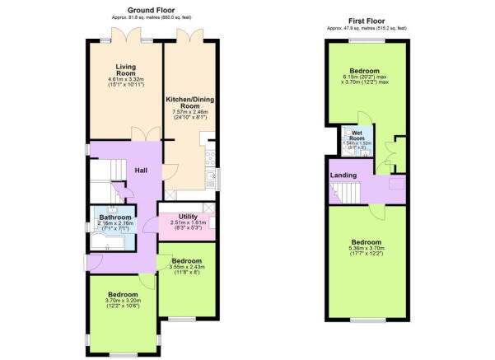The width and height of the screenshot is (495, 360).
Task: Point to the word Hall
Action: tap(142, 171)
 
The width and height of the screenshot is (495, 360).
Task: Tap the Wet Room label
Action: tap(357, 133)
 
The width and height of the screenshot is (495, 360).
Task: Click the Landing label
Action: tap(343, 176)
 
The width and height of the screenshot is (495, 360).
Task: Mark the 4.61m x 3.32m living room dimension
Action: tap(127, 79)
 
